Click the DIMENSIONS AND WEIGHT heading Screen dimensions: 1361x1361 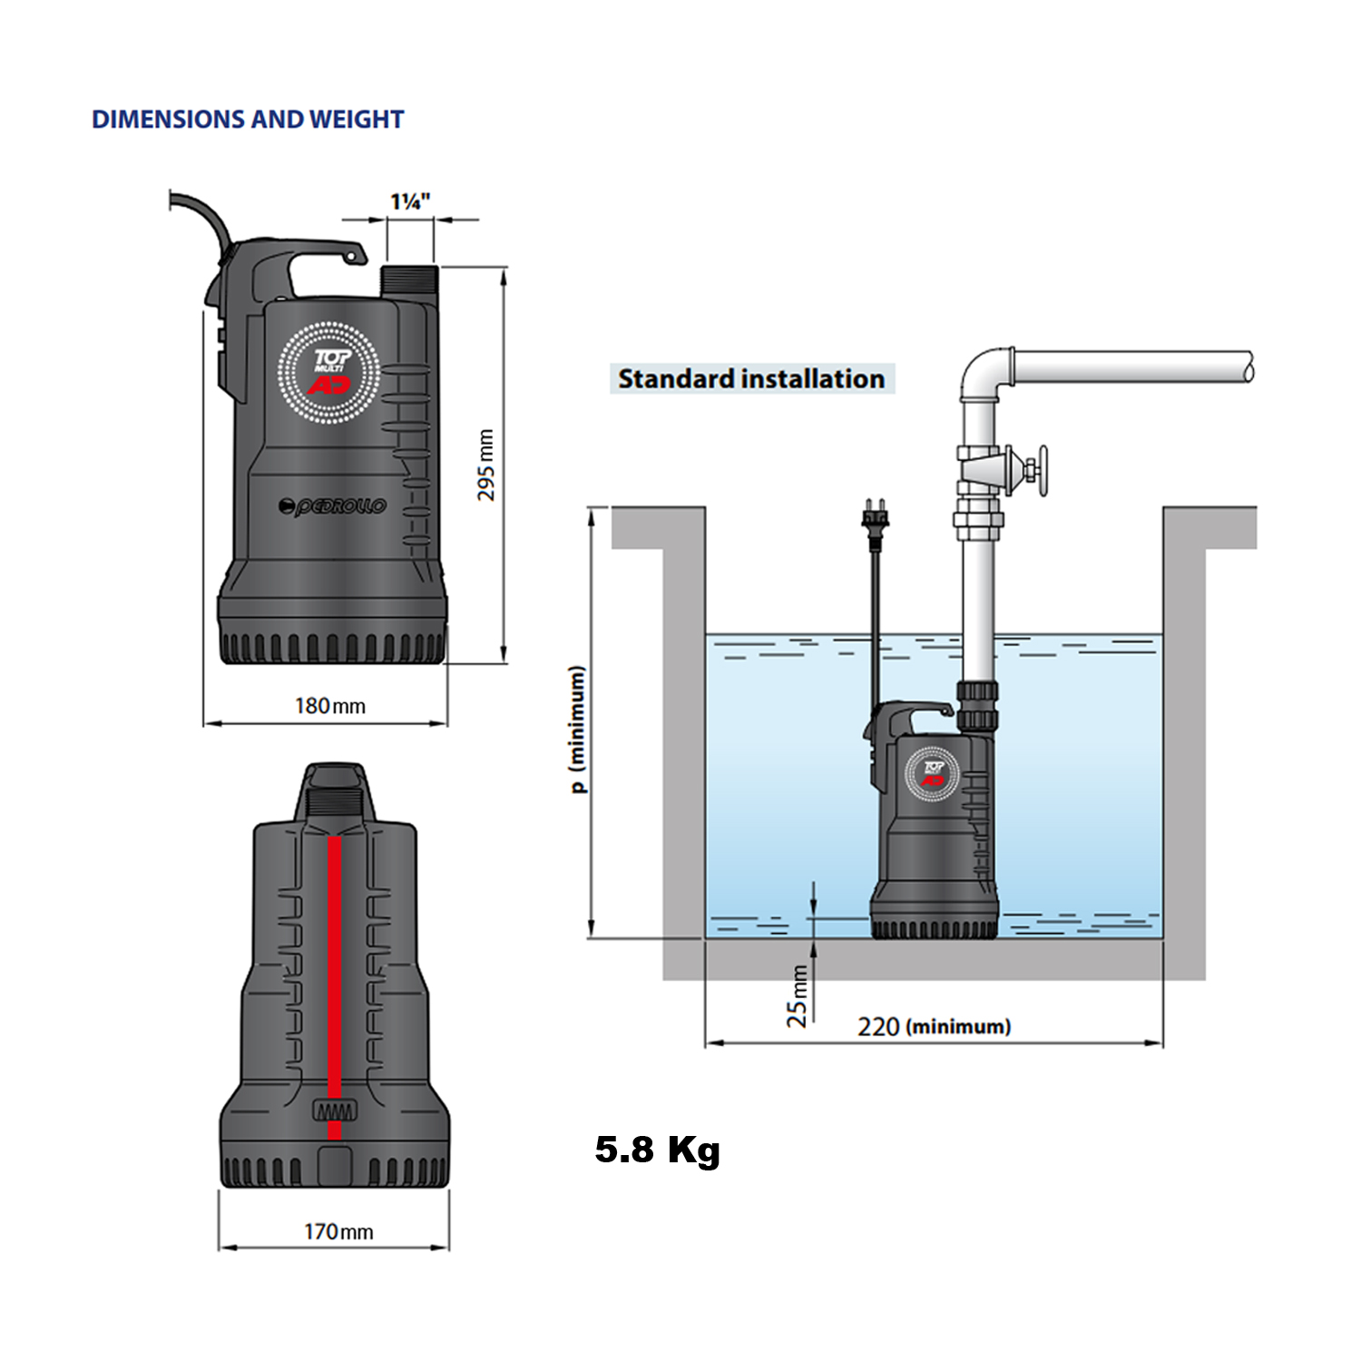click(x=248, y=120)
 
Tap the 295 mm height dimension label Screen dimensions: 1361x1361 click(x=486, y=465)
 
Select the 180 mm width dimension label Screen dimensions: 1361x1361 click(x=330, y=706)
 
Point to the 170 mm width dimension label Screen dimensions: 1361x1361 click(x=338, y=1231)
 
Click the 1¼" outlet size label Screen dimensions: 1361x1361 click(x=410, y=201)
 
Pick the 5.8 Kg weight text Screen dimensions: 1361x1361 click(x=657, y=1150)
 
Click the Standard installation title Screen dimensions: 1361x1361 click(x=751, y=378)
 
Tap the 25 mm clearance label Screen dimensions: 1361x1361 click(x=797, y=995)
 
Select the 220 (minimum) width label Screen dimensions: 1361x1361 click(x=934, y=1026)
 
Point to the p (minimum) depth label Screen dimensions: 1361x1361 click(x=577, y=729)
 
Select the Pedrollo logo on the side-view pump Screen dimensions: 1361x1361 click(x=333, y=505)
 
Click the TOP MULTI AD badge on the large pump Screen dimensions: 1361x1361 click(x=328, y=372)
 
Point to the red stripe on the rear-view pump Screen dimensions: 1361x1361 click(x=334, y=980)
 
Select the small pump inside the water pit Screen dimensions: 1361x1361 click(x=933, y=821)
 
